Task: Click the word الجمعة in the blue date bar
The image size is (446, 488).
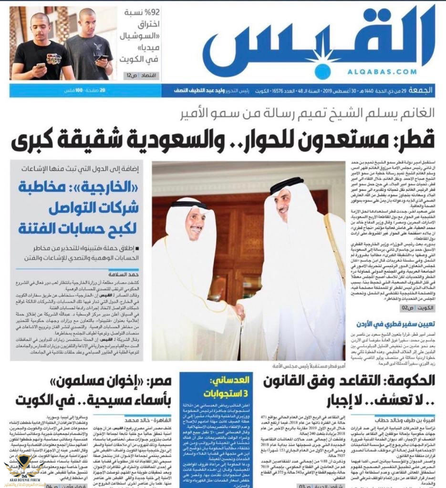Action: click(427, 90)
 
